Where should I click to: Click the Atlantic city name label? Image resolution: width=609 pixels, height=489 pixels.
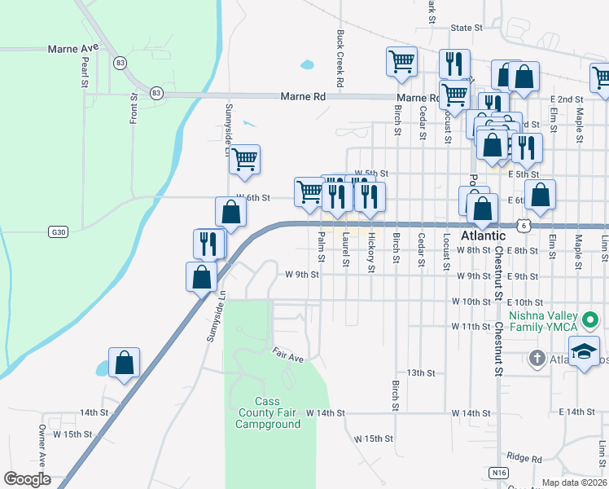(483, 235)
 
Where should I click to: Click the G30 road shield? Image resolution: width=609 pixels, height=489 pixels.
(57, 231)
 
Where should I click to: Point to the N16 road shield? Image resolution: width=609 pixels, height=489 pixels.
(499, 472)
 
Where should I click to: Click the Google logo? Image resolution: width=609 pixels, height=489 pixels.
(27, 479)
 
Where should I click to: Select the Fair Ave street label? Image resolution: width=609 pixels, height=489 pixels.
(287, 357)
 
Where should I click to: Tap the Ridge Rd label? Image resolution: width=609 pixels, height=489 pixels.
(523, 460)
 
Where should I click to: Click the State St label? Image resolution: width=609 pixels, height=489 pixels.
(467, 28)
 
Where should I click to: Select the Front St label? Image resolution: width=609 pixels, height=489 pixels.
(134, 108)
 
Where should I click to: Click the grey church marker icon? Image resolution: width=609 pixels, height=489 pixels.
(537, 358)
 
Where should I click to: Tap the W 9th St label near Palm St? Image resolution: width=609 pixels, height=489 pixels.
(301, 275)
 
